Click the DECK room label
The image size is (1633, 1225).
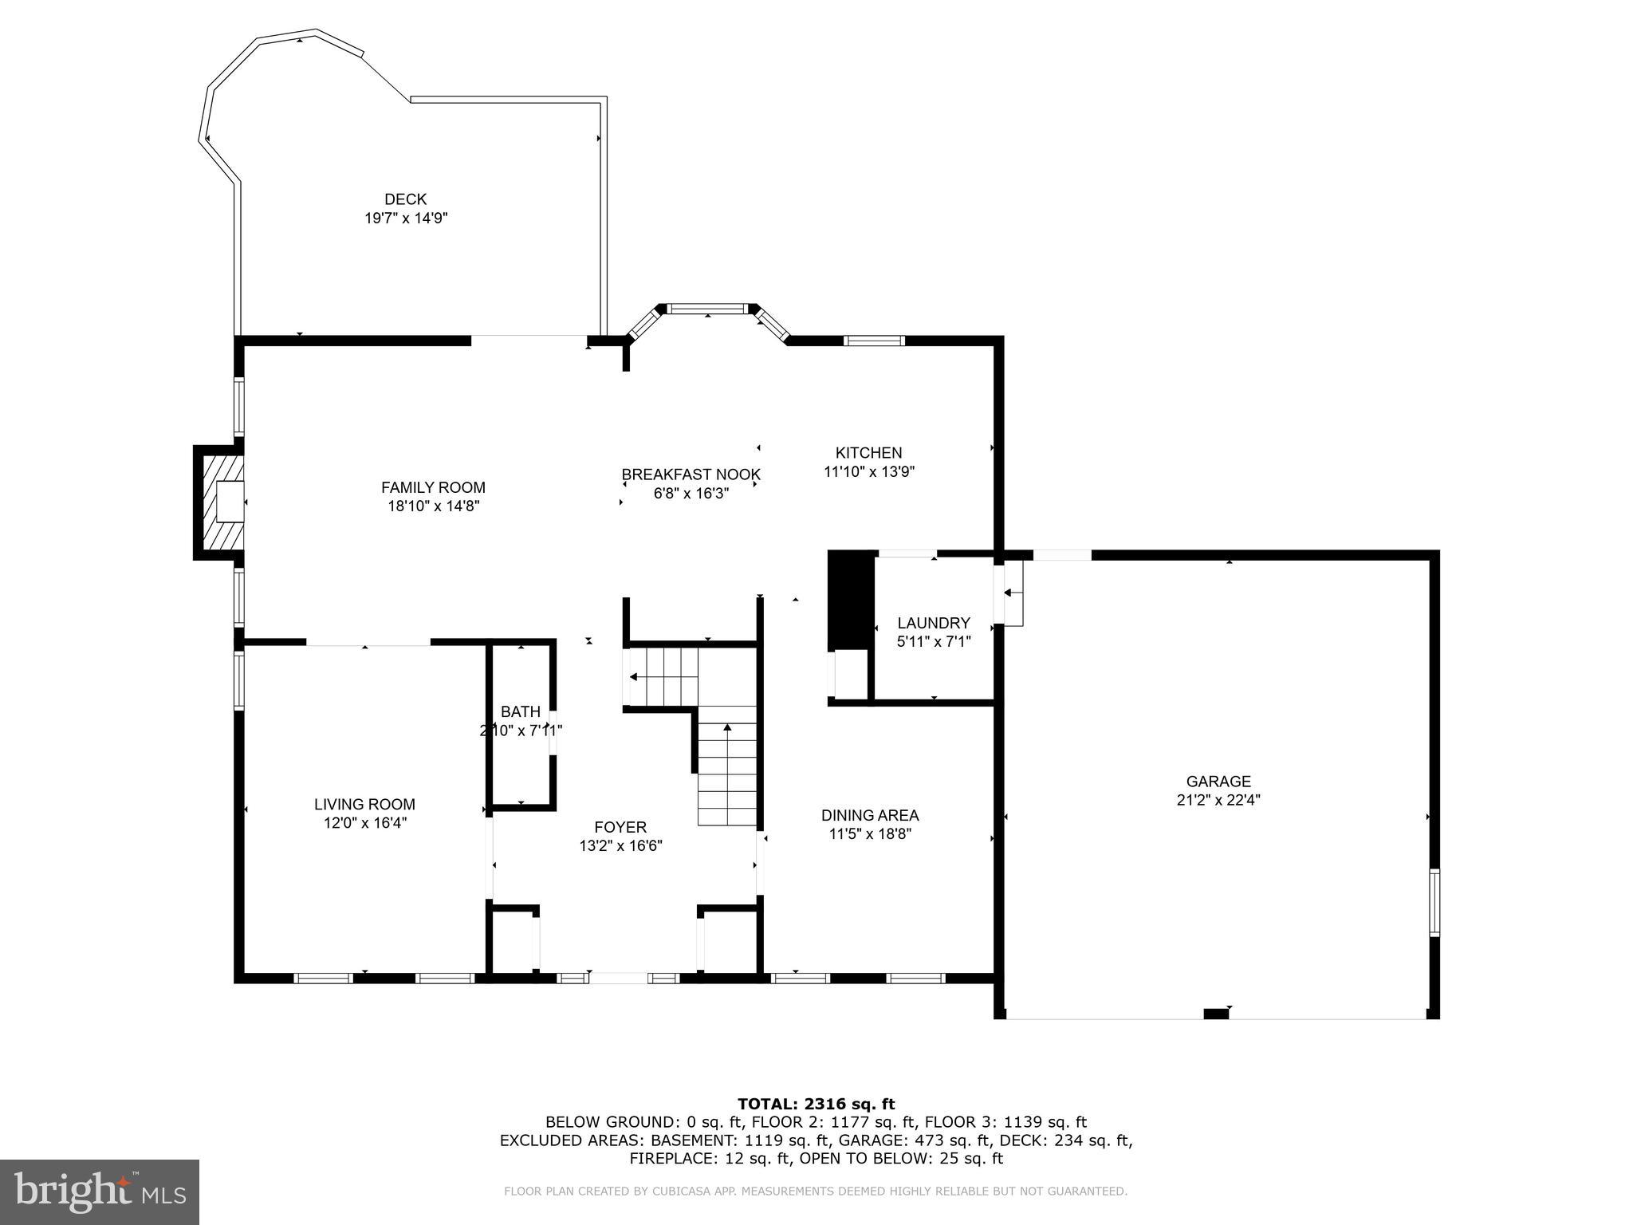point(405,199)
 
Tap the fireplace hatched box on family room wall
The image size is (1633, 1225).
point(221,502)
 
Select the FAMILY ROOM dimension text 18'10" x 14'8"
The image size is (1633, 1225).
point(433,506)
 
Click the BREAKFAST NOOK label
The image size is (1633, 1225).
point(691,475)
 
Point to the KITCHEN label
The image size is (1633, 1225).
point(868,453)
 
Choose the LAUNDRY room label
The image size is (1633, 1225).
point(933,623)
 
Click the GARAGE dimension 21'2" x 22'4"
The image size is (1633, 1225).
point(1218,800)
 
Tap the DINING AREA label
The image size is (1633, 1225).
point(869,815)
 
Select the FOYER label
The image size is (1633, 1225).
point(620,828)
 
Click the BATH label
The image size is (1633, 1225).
point(521,711)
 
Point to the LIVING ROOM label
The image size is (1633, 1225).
point(364,805)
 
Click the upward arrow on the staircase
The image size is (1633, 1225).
point(726,728)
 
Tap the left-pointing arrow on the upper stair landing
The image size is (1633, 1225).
point(634,677)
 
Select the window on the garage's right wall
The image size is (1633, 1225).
point(1434,903)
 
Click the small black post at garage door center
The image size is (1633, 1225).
point(1215,1014)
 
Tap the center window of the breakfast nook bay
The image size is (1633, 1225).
point(707,309)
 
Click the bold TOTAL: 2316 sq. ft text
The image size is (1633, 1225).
point(816,1104)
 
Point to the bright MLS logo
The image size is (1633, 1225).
point(100,1192)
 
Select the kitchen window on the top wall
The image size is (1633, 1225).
point(874,341)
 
